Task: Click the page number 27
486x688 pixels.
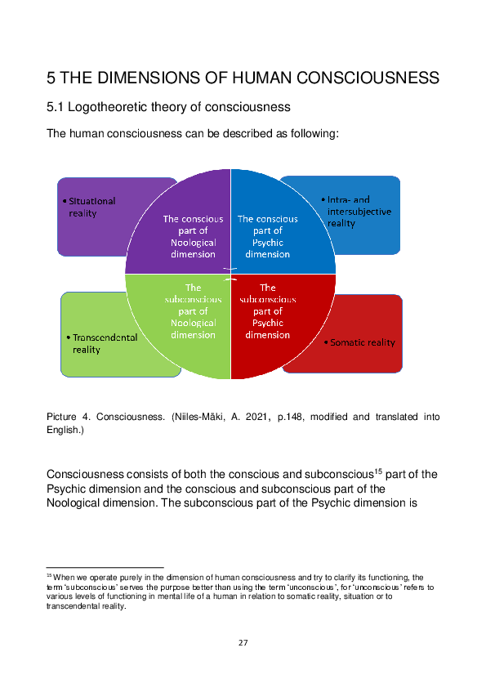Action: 243,643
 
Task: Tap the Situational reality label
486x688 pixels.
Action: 91,207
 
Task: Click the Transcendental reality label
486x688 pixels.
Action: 104,343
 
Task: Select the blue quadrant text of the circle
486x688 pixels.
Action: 268,236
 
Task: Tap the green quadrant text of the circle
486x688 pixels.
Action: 193,311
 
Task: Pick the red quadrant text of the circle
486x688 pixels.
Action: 268,311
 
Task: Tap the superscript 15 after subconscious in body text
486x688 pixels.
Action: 377,471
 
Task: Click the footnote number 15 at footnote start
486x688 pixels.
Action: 49,575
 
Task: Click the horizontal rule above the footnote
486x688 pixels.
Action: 105,567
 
